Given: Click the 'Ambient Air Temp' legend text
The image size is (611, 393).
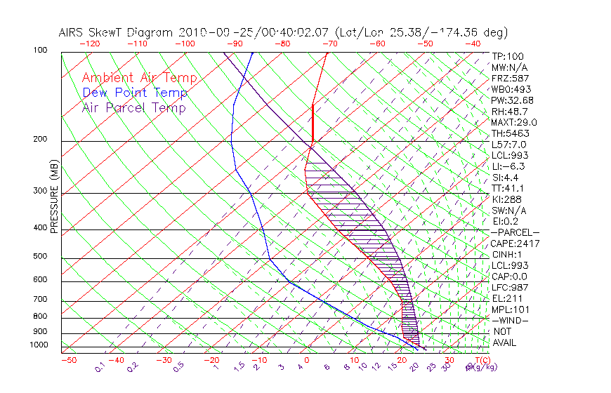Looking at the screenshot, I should [x=139, y=78].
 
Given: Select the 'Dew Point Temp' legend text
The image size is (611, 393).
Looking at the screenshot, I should [x=135, y=93].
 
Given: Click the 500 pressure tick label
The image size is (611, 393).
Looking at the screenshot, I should [x=40, y=257].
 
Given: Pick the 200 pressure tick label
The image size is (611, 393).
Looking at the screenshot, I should [x=40, y=140].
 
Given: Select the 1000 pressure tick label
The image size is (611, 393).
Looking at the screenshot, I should [x=38, y=345].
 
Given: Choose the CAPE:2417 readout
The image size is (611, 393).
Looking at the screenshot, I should [x=514, y=244].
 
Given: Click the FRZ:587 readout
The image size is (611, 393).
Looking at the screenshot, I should [x=509, y=78].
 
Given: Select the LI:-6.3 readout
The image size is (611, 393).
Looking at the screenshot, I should [x=508, y=166].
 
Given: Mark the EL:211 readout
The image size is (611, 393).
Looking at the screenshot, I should [x=506, y=298].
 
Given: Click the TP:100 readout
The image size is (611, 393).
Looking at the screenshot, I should [x=507, y=56].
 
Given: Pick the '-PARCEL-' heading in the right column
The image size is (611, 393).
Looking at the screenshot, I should [x=515, y=232].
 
